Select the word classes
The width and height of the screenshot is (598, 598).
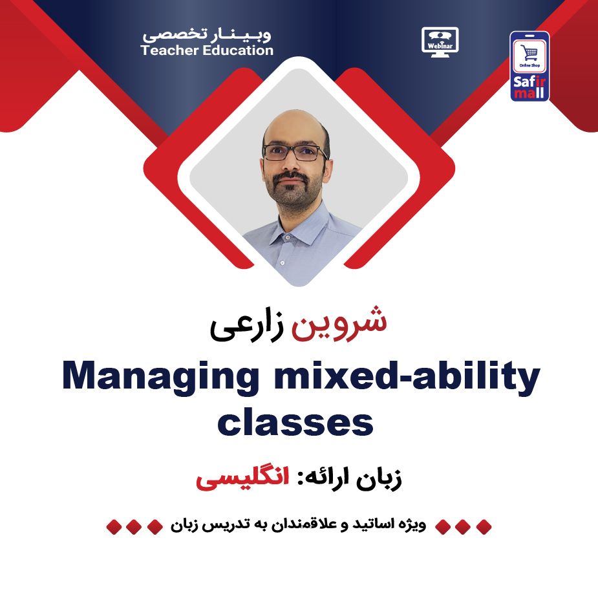coord(295,423)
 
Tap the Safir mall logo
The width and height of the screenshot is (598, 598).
coord(529,66)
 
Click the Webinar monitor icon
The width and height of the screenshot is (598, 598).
coord(440,40)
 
